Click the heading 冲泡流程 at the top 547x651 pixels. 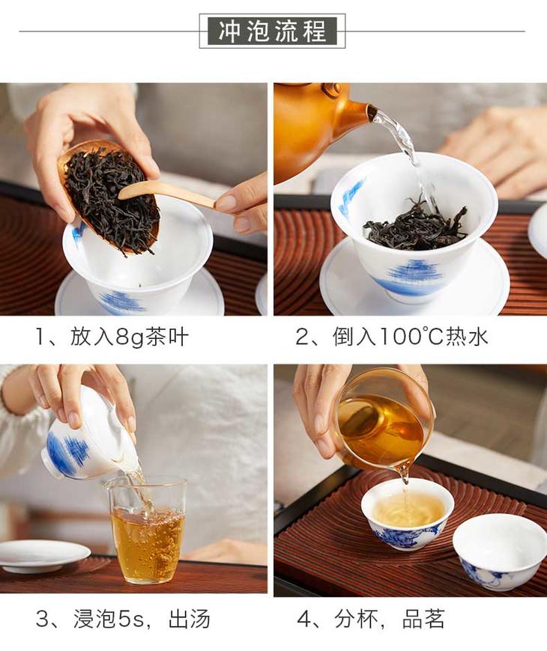click(272, 31)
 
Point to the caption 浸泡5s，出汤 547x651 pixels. click(142, 619)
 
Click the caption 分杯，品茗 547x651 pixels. click(390, 619)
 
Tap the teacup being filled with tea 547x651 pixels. click(408, 519)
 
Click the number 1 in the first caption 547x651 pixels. click(40, 337)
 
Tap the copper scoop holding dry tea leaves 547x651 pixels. click(109, 196)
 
